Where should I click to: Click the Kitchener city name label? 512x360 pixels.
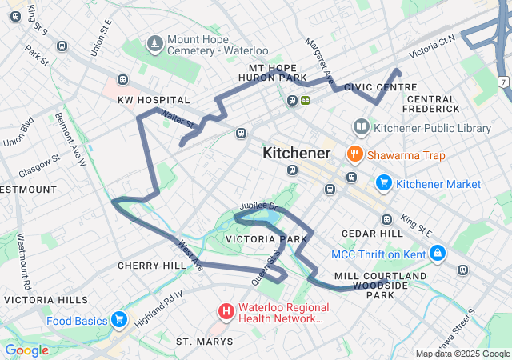pyautogui.click(x=296, y=153)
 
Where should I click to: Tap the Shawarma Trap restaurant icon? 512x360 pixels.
pyautogui.click(x=353, y=154)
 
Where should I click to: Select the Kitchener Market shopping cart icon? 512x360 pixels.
pyautogui.click(x=383, y=183)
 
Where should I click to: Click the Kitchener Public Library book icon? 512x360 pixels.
pyautogui.click(x=361, y=127)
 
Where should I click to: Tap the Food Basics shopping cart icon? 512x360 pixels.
pyautogui.click(x=119, y=321)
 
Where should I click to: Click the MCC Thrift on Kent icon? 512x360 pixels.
pyautogui.click(x=437, y=255)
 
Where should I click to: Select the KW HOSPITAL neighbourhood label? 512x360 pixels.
pyautogui.click(x=154, y=100)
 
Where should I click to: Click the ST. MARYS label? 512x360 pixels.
pyautogui.click(x=205, y=342)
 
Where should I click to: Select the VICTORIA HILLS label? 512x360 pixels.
pyautogui.click(x=46, y=300)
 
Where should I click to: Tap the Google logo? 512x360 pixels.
pyautogui.click(x=26, y=350)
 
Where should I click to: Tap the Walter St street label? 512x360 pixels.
pyautogui.click(x=178, y=121)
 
